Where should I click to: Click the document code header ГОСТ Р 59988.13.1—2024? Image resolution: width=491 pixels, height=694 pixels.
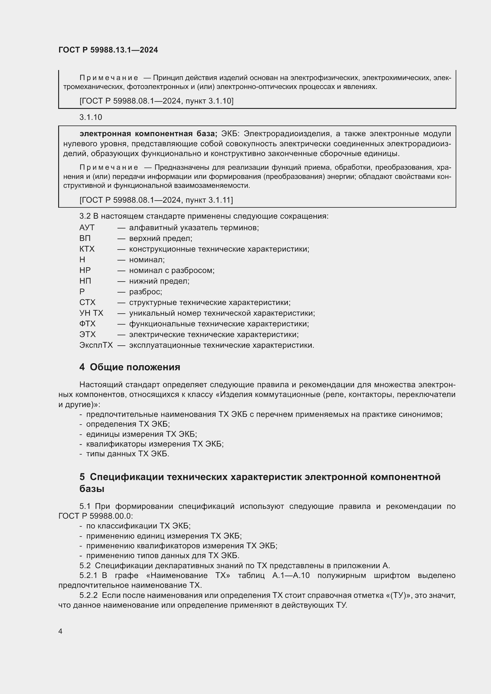(x=108, y=50)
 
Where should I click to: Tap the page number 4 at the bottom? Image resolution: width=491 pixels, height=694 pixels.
(x=61, y=631)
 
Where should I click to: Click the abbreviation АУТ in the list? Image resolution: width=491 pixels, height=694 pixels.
(x=87, y=228)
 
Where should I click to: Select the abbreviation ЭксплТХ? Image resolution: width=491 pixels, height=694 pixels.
(x=96, y=345)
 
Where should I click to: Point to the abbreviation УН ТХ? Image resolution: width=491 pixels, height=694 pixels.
(x=91, y=313)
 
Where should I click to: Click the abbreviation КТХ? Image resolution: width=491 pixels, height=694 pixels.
(x=87, y=249)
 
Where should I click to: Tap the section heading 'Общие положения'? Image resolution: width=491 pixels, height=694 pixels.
(x=135, y=367)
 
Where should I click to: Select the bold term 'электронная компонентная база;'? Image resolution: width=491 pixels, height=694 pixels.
(x=148, y=134)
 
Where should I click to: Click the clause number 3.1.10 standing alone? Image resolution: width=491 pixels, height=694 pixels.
(x=91, y=117)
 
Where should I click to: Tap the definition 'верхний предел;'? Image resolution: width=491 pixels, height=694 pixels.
(x=161, y=238)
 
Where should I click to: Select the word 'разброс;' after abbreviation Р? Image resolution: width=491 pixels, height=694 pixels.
(x=145, y=292)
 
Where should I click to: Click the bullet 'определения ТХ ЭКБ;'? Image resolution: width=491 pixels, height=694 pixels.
(x=128, y=424)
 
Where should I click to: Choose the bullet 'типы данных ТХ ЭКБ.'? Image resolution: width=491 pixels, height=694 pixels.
(x=128, y=454)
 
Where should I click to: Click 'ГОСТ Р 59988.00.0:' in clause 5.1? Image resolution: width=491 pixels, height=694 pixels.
(x=96, y=516)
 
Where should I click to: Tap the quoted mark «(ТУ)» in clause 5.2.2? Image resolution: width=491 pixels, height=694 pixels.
(x=396, y=595)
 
